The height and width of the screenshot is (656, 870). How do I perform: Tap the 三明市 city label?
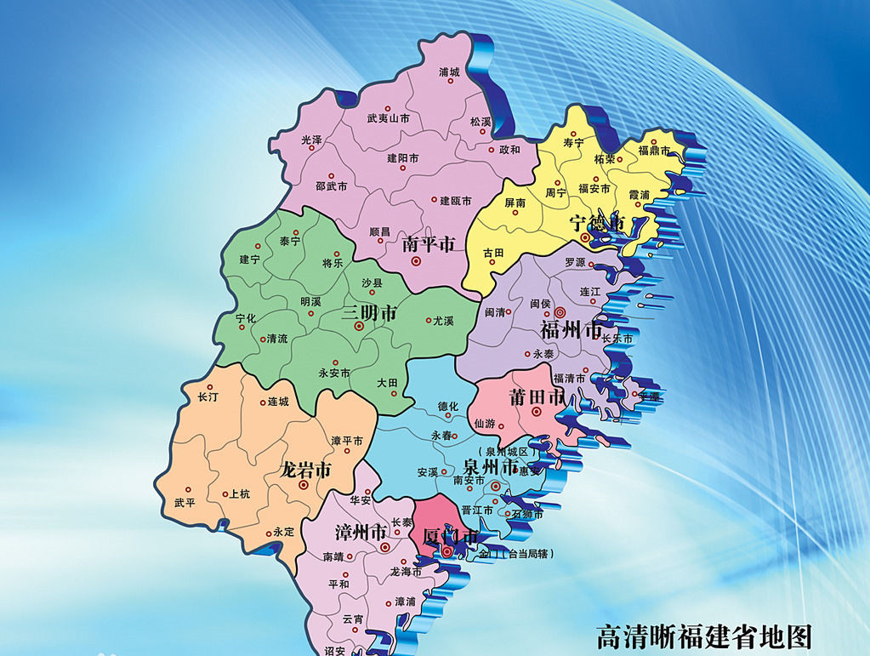369,313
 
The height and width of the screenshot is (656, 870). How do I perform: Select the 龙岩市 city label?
305,469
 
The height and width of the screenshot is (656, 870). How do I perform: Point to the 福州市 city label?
571,329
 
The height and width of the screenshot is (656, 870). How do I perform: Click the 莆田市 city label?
537,396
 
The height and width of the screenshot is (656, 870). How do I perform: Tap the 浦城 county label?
449,72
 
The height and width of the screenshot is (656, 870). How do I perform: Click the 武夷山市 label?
388,119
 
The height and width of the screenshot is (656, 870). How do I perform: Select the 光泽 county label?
311,139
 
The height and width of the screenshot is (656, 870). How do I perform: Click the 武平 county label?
185,503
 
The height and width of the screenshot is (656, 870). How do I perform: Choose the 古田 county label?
493,253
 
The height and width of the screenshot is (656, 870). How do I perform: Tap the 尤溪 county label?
443,321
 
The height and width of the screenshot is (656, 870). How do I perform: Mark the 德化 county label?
447,407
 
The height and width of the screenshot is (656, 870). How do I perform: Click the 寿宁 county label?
574,143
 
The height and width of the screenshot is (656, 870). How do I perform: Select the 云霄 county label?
352,619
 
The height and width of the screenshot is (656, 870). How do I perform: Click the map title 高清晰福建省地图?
704,637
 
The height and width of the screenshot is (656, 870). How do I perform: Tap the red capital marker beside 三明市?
359,326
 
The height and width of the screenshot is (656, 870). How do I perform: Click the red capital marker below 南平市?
416,261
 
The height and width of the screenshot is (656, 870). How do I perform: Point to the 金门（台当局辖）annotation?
516,554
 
